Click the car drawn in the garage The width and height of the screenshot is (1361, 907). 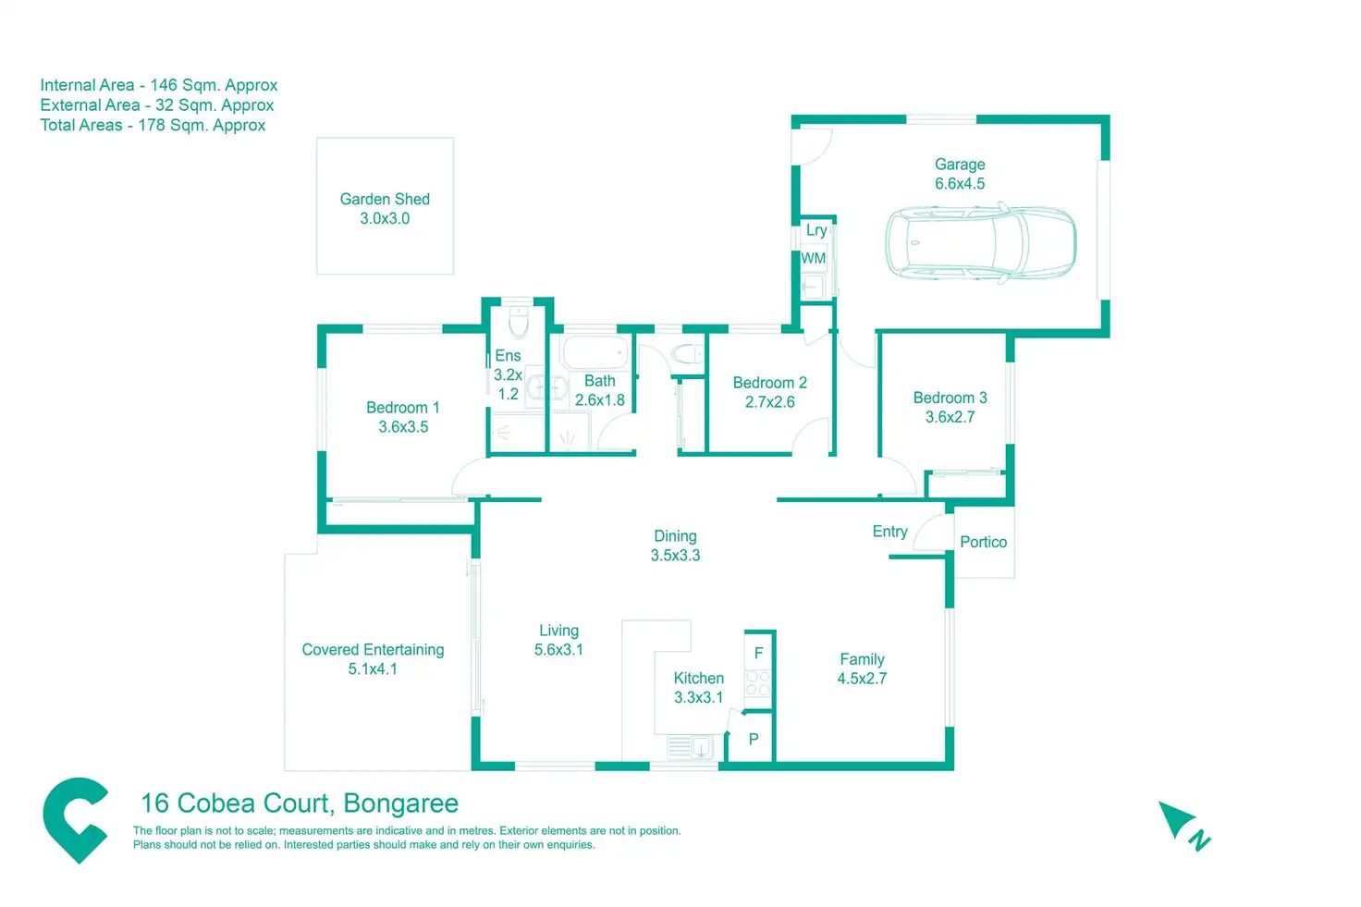coord(981,242)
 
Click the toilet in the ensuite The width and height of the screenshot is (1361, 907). coord(519,321)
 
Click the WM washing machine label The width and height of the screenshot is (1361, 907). coord(814,259)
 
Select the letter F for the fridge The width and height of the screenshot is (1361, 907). coord(758,653)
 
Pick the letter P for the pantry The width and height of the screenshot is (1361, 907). coord(754,739)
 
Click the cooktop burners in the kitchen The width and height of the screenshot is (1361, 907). coord(758,683)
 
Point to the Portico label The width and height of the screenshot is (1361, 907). coord(983,542)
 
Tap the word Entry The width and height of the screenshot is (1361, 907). coord(889,532)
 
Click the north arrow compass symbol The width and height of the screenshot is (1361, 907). coord(1182,823)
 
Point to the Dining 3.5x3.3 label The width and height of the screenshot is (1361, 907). coord(675,545)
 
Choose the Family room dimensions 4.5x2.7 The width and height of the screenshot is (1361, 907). coord(862,679)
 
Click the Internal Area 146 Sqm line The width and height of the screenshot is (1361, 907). coord(158,85)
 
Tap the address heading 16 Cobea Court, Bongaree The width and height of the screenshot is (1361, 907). coord(299,803)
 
